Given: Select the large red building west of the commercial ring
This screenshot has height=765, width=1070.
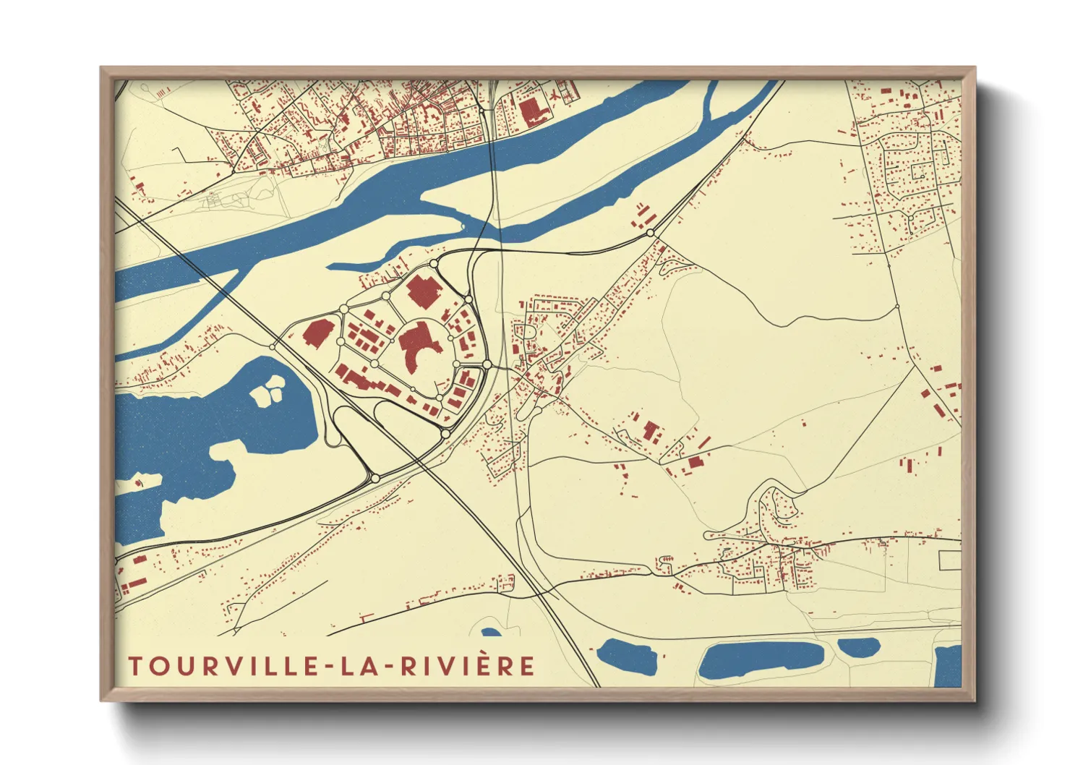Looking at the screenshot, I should click(317, 333).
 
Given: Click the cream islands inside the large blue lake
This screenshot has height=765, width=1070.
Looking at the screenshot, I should click(267, 390).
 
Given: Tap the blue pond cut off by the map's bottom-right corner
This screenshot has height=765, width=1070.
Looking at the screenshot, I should click(947, 665).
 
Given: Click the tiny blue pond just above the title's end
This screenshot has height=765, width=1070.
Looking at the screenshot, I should click(492, 633).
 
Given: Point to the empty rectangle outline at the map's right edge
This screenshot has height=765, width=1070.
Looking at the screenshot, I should click(950, 560).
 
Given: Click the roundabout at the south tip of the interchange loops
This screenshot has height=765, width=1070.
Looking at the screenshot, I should click(375, 478).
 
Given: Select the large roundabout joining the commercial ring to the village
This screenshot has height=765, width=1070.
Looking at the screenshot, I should click(487, 364).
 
